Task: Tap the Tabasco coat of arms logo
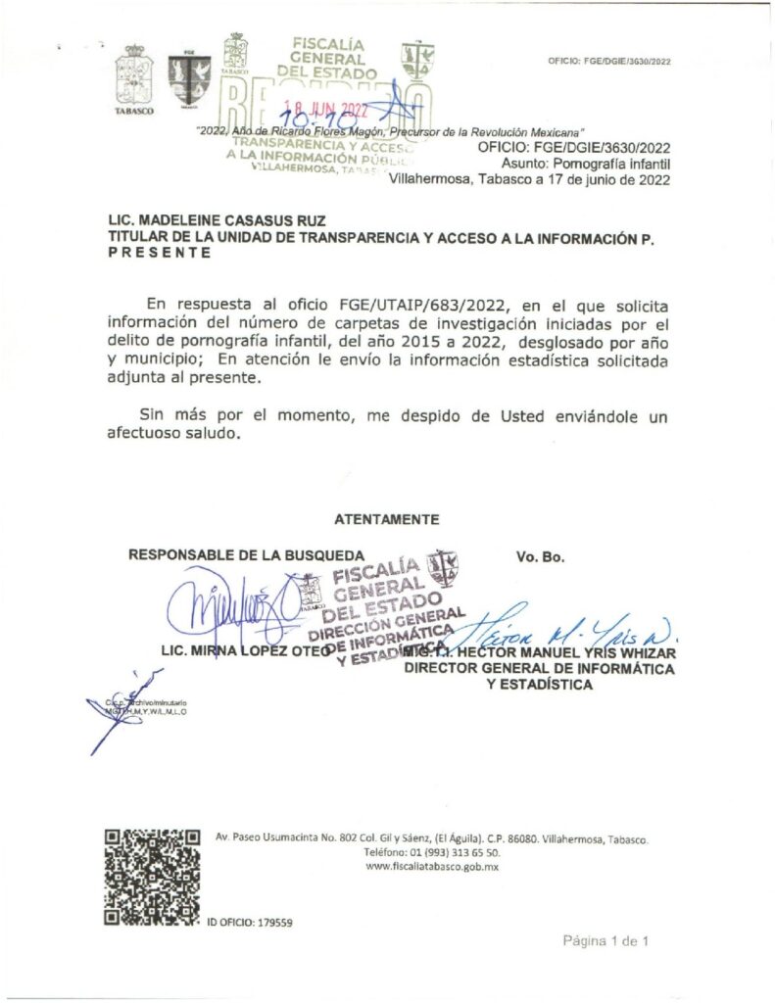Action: coord(134,77)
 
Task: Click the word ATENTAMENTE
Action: coord(386,519)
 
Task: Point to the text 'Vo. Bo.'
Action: coord(540,557)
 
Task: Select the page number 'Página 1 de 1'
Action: coord(605,941)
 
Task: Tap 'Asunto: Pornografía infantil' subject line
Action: coord(585,163)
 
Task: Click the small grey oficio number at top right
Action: coord(609,62)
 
